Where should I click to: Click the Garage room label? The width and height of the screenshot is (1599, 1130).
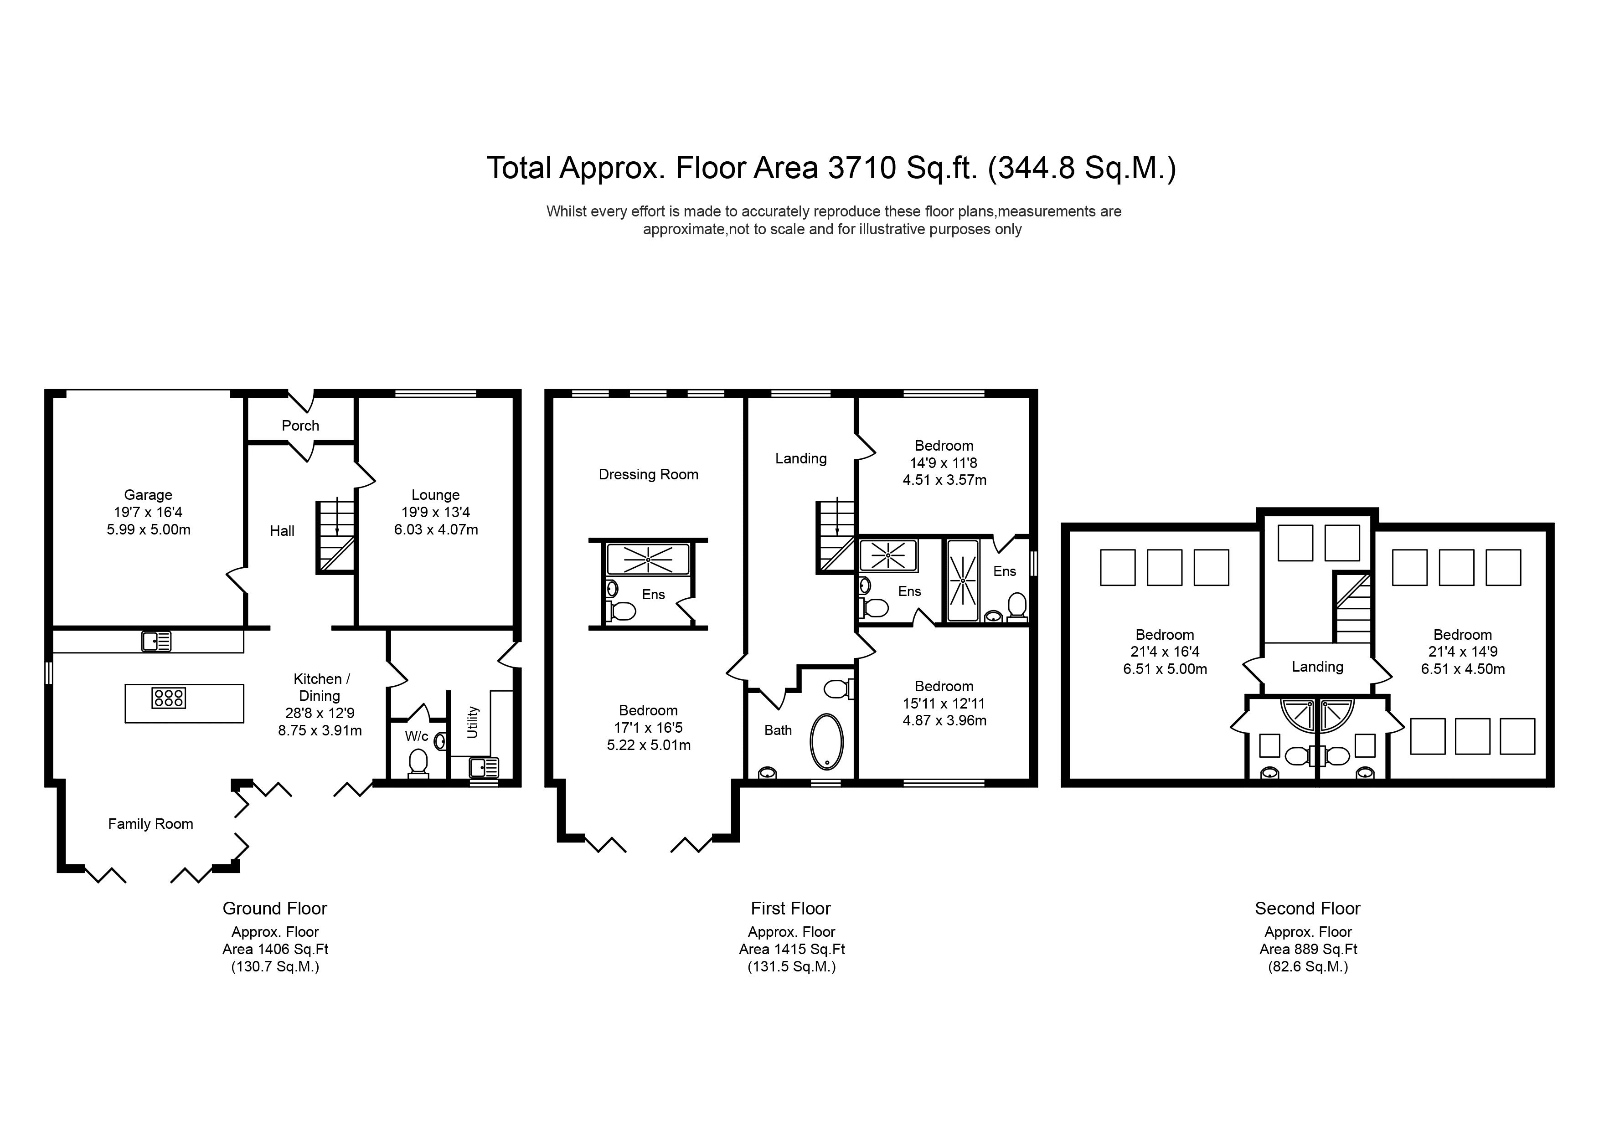tap(148, 495)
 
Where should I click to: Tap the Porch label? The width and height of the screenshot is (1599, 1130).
tap(300, 426)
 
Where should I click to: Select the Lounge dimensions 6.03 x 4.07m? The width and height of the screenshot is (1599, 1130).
tap(436, 529)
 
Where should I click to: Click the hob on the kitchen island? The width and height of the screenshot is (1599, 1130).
tap(169, 698)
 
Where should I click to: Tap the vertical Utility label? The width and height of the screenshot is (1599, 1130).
tap(473, 722)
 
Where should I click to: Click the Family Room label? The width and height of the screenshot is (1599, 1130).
tap(150, 824)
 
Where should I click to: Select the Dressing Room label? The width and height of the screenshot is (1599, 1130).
tap(648, 474)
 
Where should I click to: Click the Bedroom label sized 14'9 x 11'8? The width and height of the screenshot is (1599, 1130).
tap(944, 446)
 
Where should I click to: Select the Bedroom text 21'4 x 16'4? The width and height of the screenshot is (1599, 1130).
tap(1165, 652)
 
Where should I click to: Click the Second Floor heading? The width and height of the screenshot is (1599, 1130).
tap(1307, 908)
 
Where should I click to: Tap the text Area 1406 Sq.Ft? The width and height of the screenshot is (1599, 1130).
tap(275, 949)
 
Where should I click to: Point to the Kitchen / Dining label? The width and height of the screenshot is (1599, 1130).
tap(320, 687)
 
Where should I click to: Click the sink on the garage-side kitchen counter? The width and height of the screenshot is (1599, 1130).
tap(156, 641)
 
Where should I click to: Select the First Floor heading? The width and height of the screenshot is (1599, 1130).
tap(790, 908)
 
